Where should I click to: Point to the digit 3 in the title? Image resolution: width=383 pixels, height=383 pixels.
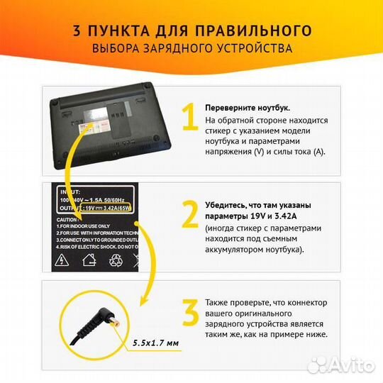(x=76, y=30)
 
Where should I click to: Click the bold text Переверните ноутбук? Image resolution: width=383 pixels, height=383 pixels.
(x=247, y=107)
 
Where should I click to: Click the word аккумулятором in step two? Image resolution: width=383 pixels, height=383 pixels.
(x=238, y=250)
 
